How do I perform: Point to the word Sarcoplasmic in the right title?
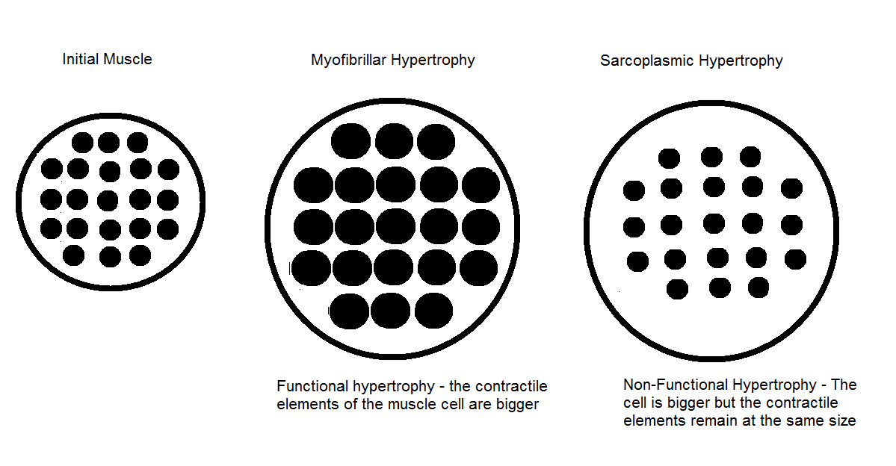(646, 61)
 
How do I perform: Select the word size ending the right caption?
(841, 421)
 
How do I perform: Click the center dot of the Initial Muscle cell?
(108, 200)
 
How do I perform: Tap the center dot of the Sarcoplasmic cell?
(714, 223)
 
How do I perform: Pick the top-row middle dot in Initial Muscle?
(108, 142)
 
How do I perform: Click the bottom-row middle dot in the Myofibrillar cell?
(391, 311)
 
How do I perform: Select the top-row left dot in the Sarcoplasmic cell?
(669, 158)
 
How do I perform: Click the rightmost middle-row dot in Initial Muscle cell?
(167, 200)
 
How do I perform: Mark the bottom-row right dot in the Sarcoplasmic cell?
(758, 288)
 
